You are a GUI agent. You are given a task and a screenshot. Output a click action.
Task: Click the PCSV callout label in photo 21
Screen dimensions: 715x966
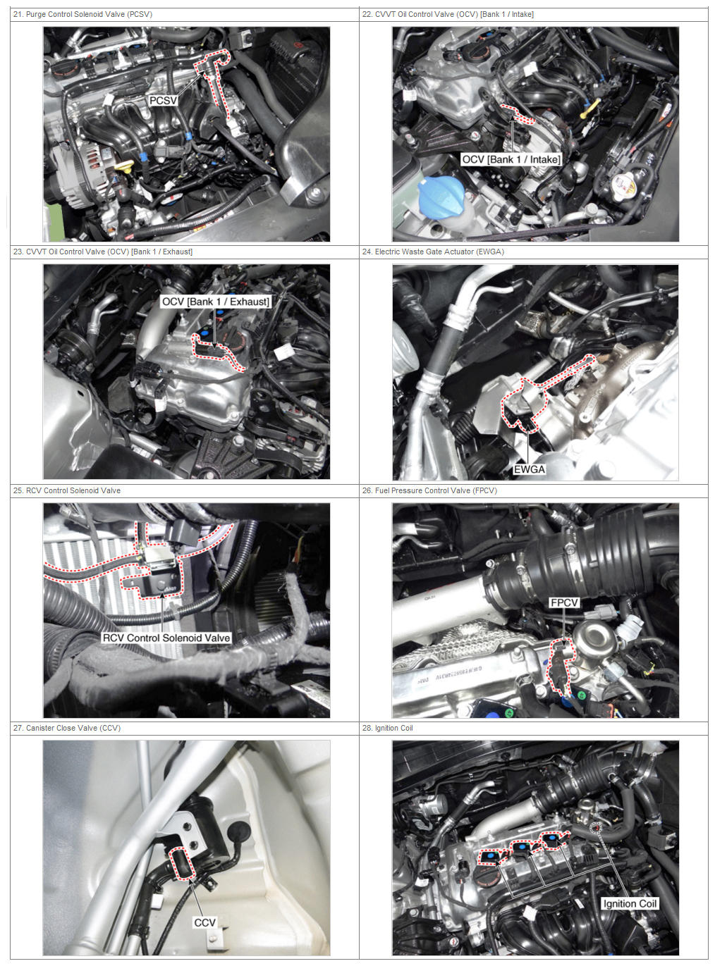coord(163,101)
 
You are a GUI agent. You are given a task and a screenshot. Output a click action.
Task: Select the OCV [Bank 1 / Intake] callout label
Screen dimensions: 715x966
coord(511,159)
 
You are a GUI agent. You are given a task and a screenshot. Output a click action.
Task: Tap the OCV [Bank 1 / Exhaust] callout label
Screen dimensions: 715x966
coord(215,302)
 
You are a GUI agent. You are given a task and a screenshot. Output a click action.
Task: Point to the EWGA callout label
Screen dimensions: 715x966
coord(529,469)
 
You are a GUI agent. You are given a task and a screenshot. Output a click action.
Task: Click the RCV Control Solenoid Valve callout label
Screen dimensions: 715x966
coord(166,638)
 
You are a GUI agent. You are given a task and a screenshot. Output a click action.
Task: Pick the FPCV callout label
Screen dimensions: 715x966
coord(564,602)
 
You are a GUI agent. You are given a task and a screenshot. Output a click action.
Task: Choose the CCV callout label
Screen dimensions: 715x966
coord(204,922)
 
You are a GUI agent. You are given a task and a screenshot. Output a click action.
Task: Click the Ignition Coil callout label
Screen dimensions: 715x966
coord(629,904)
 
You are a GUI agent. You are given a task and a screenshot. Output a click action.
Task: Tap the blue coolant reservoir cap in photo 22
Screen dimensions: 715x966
coord(441,196)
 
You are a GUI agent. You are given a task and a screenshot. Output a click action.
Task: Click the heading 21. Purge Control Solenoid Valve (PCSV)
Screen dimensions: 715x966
coord(82,14)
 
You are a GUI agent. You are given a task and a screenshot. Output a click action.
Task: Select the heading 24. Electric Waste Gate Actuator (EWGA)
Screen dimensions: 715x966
coord(433,252)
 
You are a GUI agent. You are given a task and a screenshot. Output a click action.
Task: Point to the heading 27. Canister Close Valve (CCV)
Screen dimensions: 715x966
coord(67,728)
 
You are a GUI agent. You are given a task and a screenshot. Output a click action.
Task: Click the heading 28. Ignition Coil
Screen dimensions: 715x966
coord(387,728)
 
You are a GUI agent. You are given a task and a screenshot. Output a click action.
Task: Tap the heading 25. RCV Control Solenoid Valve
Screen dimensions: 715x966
coord(67,490)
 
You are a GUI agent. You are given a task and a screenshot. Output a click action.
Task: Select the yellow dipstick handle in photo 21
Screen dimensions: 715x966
coord(125,167)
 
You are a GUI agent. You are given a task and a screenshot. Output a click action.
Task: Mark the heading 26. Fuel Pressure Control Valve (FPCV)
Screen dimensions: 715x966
coord(429,490)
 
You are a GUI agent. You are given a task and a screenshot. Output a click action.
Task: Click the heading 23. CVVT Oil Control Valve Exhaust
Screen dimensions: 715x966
coord(102,252)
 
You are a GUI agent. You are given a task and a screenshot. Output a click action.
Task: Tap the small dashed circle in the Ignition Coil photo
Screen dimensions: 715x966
coord(596,826)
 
